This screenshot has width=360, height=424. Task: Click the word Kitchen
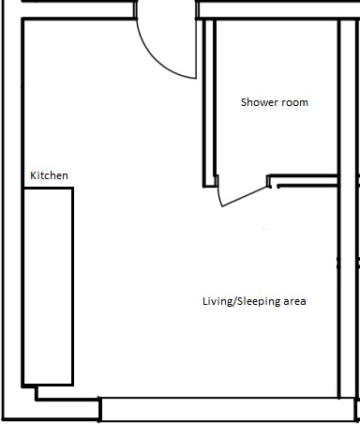pos(49,175)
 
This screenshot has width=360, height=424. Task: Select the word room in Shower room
pos(293,103)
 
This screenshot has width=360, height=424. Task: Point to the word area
pos(294,302)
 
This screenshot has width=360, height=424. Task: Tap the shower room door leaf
pos(245,197)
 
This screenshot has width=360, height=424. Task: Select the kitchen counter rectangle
pos(48,286)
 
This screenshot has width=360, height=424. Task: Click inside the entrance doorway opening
pos(167,10)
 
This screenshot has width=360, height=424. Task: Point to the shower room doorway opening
pos(243,181)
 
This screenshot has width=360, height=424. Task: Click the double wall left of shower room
pos(209,103)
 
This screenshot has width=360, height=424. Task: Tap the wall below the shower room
pos(304,181)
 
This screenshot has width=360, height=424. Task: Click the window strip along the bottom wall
pos(229,409)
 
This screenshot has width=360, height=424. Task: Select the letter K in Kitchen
pos(33,175)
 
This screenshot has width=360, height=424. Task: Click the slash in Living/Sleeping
pos(234,301)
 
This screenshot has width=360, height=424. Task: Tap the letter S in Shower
pos(244,102)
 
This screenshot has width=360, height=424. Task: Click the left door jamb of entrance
pos(136,10)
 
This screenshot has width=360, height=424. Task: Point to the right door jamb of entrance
pos(197,10)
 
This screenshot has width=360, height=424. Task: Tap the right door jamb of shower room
pos(268,181)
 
